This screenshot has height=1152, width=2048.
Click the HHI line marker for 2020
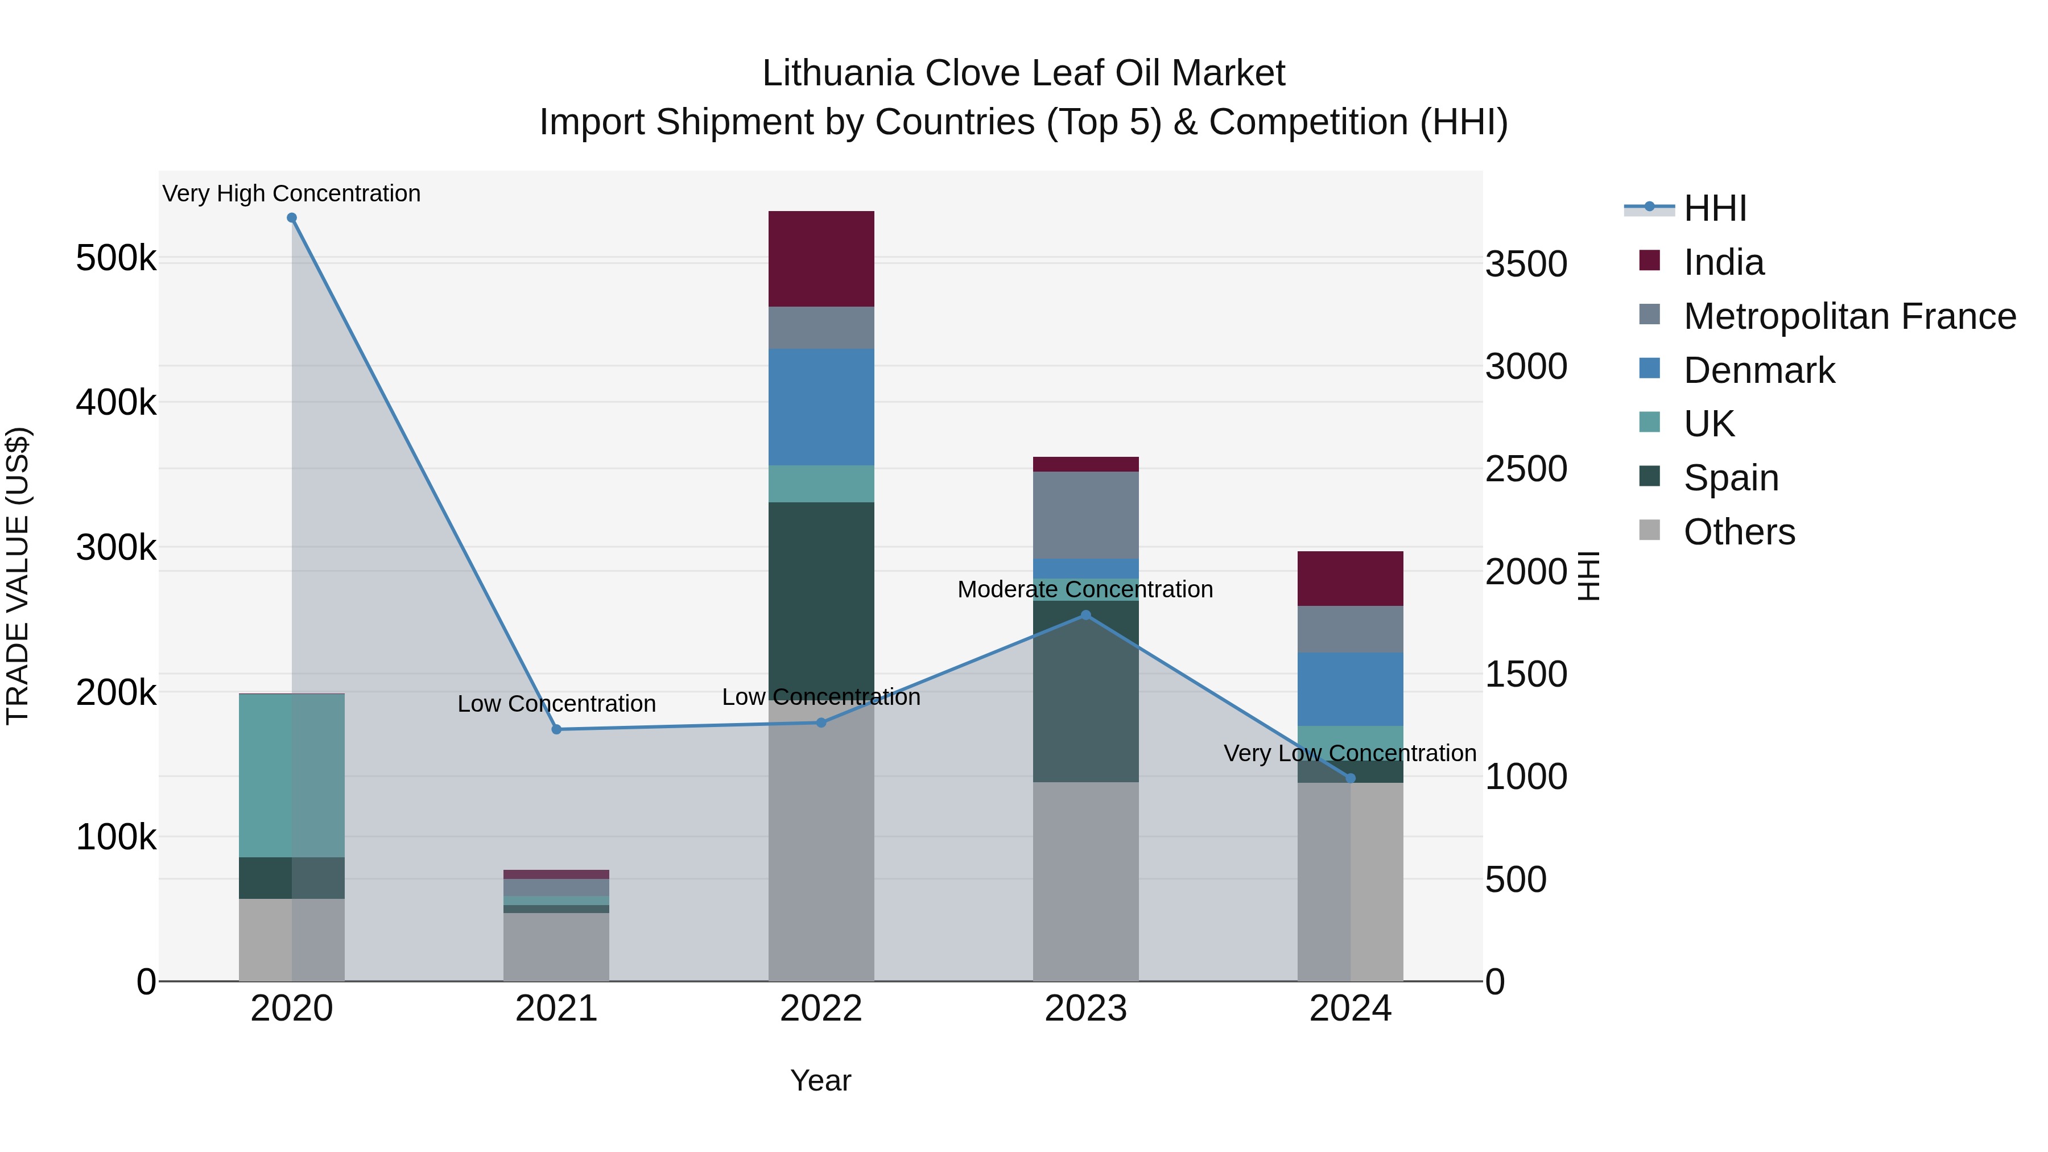coord(292,218)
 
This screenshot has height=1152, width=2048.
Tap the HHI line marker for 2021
coord(556,729)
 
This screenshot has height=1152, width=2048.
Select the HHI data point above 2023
coord(1086,614)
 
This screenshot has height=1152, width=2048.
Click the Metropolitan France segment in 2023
coord(1086,515)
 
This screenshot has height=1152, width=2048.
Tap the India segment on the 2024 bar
coord(1350,578)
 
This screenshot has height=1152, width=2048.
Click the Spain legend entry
coord(1731,478)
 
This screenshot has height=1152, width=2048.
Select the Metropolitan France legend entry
coord(1849,316)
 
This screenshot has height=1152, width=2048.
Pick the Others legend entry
coord(1739,532)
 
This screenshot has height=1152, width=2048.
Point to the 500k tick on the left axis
coord(116,258)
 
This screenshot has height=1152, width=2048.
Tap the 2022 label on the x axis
coord(821,1009)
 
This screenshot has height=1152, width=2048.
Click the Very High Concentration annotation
coord(292,193)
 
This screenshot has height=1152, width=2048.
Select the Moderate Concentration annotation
coord(1085,589)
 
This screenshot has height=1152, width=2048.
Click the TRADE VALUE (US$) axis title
coord(18,576)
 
